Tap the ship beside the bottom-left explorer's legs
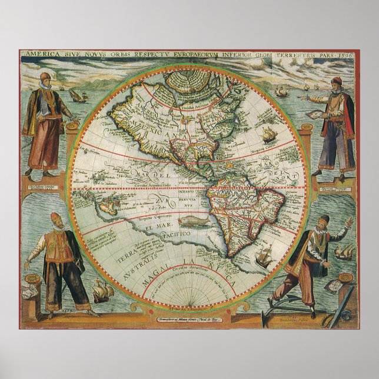point(101,290)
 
